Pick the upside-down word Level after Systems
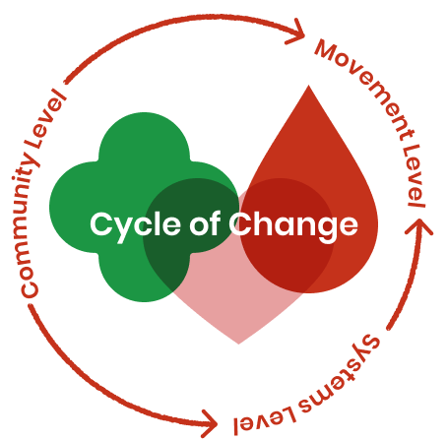coord(264,421)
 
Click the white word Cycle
coord(135,225)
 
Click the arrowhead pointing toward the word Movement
coord(297,32)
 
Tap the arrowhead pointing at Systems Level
coord(210,423)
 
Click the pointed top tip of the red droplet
coord(308,86)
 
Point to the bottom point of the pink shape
coord(238,344)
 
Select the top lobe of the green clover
coord(145,138)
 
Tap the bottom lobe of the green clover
coord(145,278)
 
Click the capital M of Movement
coord(327,50)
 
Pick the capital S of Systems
coord(370,344)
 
